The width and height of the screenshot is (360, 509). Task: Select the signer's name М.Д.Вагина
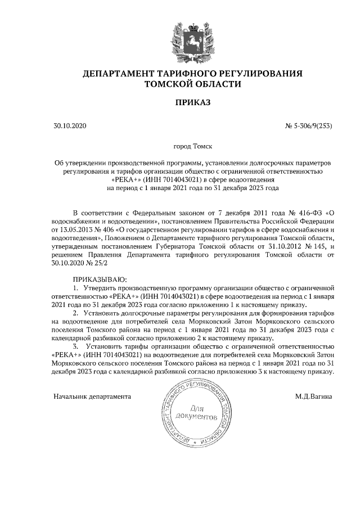(314, 396)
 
